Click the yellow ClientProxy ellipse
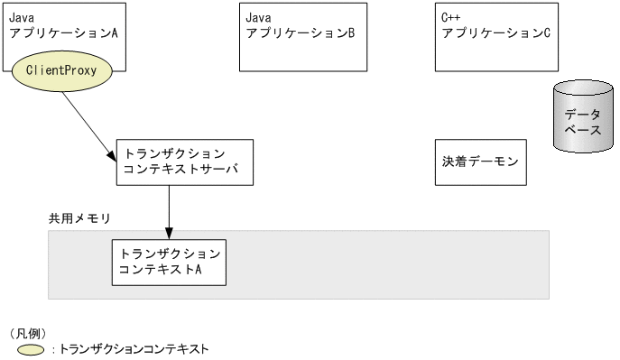point(61,69)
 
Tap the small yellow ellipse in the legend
point(30,349)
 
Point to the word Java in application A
point(22,16)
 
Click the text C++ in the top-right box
point(449,16)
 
